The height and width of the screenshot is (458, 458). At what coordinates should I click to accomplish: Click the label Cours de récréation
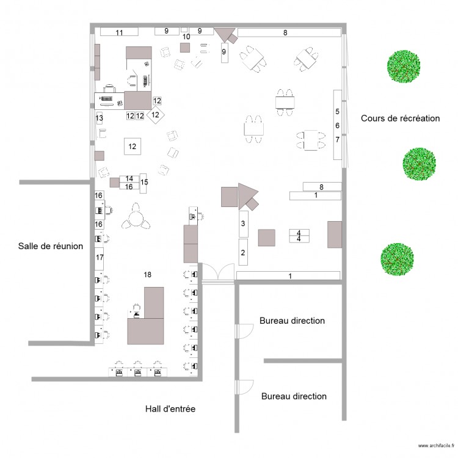[x=400, y=118]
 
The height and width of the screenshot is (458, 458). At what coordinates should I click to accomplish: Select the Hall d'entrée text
[x=170, y=409]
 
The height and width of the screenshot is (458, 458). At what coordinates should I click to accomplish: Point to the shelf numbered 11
[x=119, y=32]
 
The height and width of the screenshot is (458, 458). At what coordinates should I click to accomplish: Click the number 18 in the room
[x=147, y=275]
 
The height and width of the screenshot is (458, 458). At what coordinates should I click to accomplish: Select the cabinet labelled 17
[x=99, y=258]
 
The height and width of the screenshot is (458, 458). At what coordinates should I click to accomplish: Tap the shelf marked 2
[x=243, y=252]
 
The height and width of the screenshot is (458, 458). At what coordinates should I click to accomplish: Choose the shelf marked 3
[x=243, y=224]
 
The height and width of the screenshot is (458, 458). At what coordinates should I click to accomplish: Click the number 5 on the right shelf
[x=337, y=112]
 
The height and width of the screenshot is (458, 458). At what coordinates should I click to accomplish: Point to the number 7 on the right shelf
[x=337, y=140]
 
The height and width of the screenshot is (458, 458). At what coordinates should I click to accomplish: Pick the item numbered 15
[x=144, y=182]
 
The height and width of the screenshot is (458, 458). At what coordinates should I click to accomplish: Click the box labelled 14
[x=129, y=178]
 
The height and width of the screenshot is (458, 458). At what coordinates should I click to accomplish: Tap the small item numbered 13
[x=99, y=118]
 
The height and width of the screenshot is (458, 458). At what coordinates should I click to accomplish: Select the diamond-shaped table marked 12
[x=156, y=114]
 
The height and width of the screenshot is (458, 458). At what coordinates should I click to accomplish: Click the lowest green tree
[x=398, y=259]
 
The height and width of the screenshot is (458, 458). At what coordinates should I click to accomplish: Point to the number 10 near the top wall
[x=186, y=37]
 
